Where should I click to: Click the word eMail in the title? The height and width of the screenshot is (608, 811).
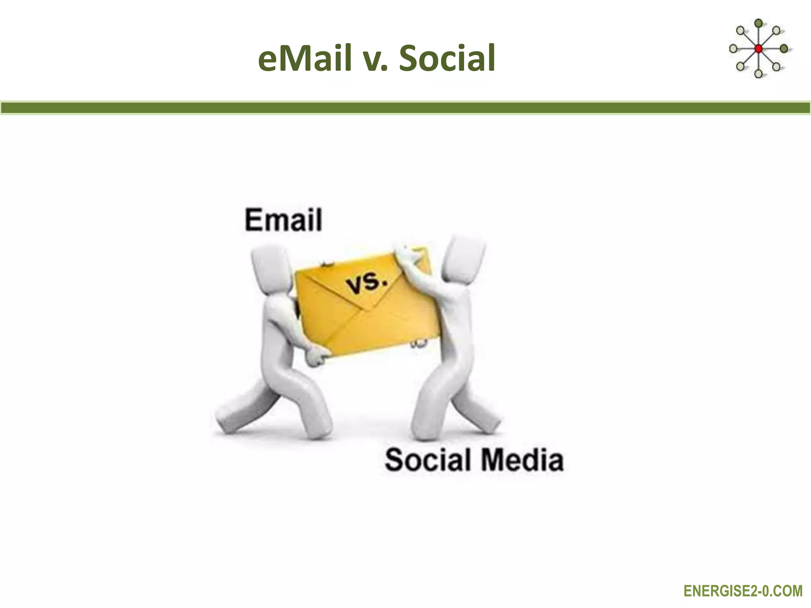point(305,58)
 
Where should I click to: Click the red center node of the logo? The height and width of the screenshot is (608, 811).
point(758,49)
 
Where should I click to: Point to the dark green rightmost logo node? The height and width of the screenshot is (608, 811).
point(784,48)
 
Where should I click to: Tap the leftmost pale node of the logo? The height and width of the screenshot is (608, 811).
point(733,49)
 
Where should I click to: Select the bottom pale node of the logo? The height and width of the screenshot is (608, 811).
point(758,73)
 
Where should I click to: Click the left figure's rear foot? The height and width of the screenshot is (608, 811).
point(226,420)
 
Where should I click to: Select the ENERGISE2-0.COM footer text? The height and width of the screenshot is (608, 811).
point(743,591)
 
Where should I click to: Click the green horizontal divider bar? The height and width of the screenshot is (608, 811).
point(405,108)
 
